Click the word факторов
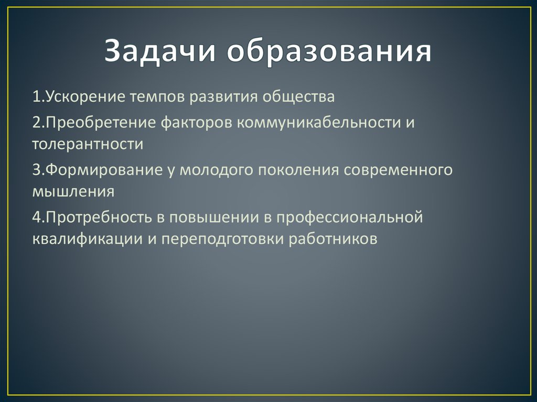[x=198, y=122]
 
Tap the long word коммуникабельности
[x=317, y=122]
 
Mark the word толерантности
[x=87, y=144]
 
